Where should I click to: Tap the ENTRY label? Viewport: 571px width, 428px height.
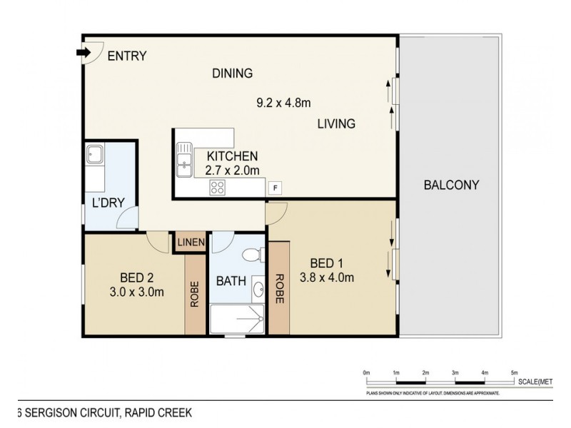click(127, 56)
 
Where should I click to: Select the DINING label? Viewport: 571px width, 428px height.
click(233, 73)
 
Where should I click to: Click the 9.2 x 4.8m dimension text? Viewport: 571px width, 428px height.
click(284, 103)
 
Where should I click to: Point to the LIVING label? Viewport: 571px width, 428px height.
click(336, 124)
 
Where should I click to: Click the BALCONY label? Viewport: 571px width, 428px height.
click(450, 185)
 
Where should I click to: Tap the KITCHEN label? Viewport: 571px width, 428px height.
click(232, 156)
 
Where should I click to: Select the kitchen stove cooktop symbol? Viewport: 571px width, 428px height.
click(217, 188)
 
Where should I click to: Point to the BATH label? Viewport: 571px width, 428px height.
click(232, 281)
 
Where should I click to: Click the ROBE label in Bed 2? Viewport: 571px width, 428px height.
click(194, 295)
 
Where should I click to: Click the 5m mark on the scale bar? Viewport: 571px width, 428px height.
click(513, 373)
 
